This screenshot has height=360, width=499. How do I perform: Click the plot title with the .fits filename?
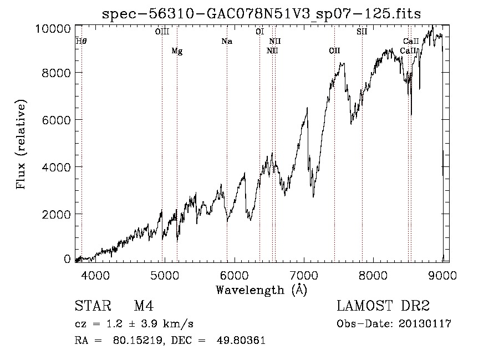point(261,14)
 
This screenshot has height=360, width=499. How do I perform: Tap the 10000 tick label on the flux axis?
point(53,29)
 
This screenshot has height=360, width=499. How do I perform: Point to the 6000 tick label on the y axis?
point(57,120)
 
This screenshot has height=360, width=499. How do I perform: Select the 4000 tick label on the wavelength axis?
point(95,275)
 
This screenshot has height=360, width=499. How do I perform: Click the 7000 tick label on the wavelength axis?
point(304,275)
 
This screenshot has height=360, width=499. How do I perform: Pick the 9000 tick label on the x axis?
point(442,275)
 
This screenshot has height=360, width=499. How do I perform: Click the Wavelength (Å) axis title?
point(261,290)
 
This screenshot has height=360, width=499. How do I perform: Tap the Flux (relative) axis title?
point(21,144)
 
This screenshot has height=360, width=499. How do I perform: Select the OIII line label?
point(162,32)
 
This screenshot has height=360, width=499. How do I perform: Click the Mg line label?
point(177,51)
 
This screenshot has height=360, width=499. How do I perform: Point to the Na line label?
point(227,41)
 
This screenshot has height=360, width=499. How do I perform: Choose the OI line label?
point(259,32)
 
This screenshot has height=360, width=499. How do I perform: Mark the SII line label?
point(362,32)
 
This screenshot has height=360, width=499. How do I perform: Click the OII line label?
point(334,50)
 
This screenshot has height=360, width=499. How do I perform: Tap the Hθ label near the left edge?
point(81,41)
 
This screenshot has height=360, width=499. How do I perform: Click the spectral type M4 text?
point(144,306)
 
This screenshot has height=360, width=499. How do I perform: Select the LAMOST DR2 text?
point(383,306)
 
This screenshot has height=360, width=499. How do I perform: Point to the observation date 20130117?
point(425,324)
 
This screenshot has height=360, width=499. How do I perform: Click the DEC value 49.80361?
point(241,341)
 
